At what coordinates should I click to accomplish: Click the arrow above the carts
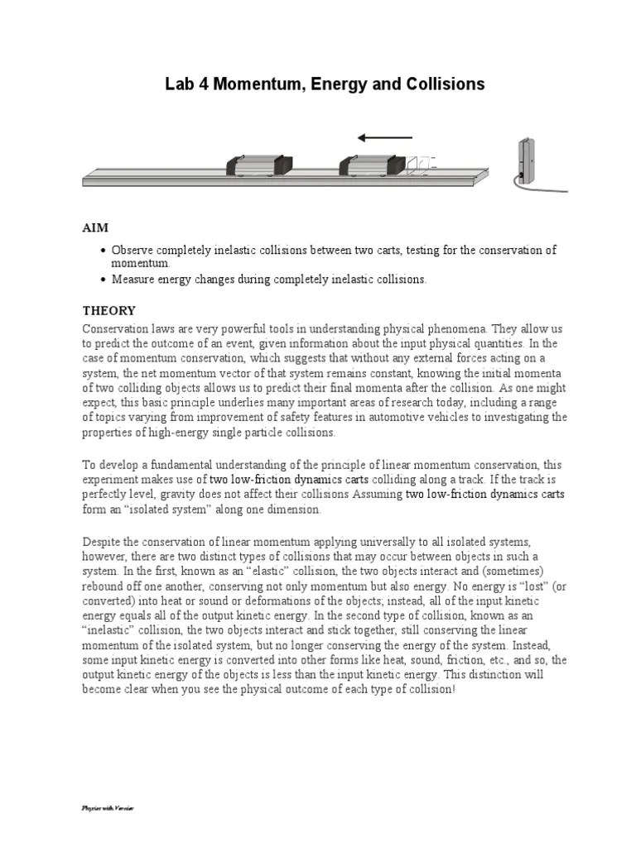[x=384, y=137]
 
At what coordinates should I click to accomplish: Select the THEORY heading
[x=108, y=310]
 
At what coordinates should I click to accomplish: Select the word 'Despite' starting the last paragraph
[x=102, y=540]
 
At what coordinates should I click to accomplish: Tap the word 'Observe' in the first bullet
[x=133, y=250]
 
